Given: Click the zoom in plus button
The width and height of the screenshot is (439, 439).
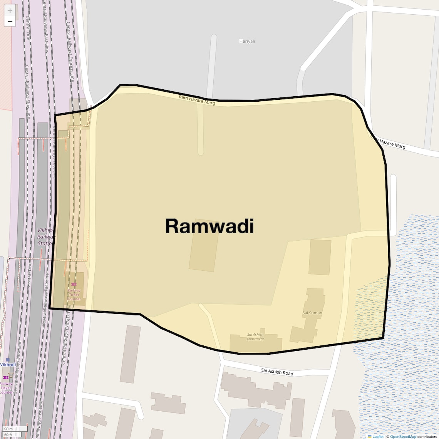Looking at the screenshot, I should pyautogui.click(x=10, y=10).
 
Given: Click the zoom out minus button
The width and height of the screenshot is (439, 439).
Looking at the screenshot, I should pyautogui.click(x=10, y=22).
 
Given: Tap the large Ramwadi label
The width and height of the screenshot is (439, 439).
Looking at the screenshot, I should pyautogui.click(x=209, y=226).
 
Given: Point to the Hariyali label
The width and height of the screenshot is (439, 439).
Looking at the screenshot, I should pyautogui.click(x=247, y=41).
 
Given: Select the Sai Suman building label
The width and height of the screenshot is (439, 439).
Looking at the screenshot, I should pyautogui.click(x=312, y=313).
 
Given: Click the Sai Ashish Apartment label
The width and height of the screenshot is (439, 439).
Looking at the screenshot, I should pyautogui.click(x=255, y=337).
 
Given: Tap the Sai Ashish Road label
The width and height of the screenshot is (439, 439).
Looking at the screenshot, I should pyautogui.click(x=277, y=372).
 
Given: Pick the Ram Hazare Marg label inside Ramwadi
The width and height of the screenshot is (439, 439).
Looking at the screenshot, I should pyautogui.click(x=197, y=100).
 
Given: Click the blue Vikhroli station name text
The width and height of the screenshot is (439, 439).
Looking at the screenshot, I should pyautogui.click(x=8, y=365).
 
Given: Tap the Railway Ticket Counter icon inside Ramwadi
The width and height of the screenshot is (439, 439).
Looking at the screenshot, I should pyautogui.click(x=74, y=284).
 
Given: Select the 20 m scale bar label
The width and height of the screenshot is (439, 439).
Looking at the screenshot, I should pyautogui.click(x=8, y=429).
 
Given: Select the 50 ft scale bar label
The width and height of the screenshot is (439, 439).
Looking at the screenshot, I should pyautogui.click(x=8, y=435).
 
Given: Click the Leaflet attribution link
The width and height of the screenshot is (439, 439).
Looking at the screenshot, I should pyautogui.click(x=378, y=437).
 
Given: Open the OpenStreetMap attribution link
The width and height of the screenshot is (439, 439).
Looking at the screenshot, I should pyautogui.click(x=403, y=437).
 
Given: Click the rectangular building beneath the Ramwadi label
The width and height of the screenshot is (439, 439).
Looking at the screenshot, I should pyautogui.click(x=204, y=250).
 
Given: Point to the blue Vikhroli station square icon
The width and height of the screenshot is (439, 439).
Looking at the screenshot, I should pyautogui.click(x=8, y=360).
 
